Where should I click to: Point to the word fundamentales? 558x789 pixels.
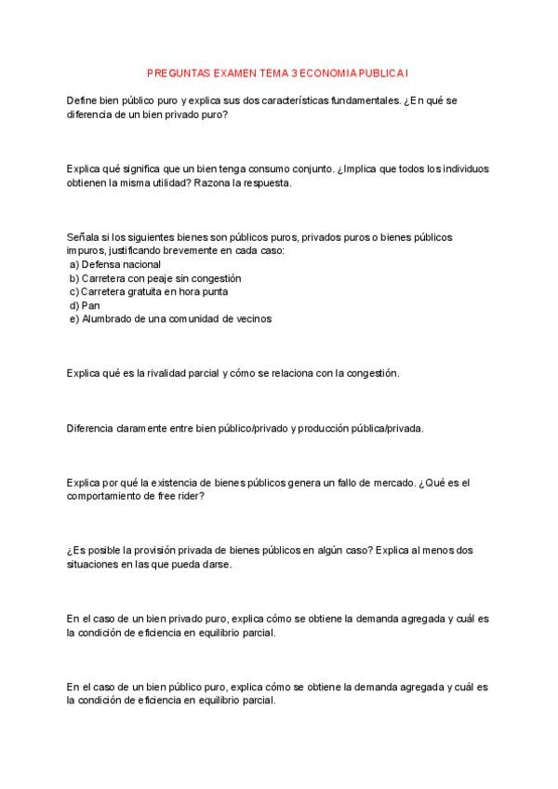[x=361, y=100]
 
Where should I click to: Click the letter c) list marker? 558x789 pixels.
[x=73, y=291]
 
